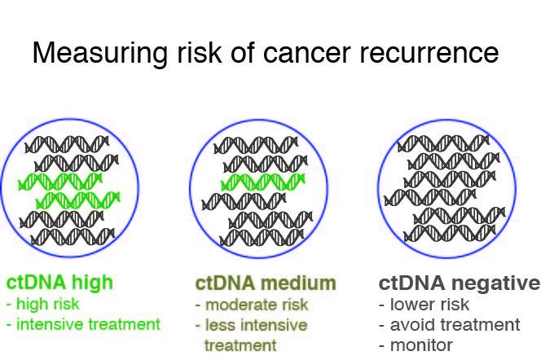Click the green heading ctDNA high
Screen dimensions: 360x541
click(59, 283)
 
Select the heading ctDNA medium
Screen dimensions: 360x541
click(266, 283)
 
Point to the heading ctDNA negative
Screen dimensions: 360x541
click(459, 283)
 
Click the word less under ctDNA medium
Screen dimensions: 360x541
click(221, 325)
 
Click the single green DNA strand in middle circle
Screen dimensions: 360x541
click(262, 181)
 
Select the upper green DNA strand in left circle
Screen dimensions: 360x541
click(60, 181)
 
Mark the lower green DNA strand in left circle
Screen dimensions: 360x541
click(78, 199)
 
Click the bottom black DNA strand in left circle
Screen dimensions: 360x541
click(73, 237)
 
